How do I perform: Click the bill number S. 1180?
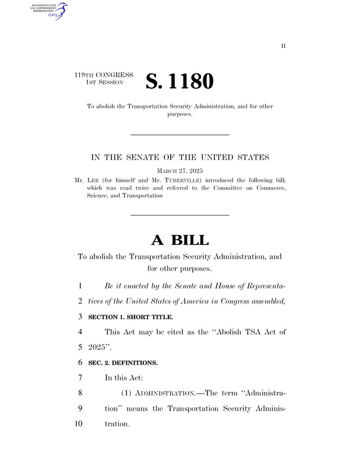click(x=180, y=82)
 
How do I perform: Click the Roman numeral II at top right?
click(x=284, y=46)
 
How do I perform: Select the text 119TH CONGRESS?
click(x=104, y=75)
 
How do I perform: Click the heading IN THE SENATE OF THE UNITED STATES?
click(x=179, y=157)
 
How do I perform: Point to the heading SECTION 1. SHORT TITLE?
click(x=130, y=317)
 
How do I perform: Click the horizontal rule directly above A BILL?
click(x=179, y=216)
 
